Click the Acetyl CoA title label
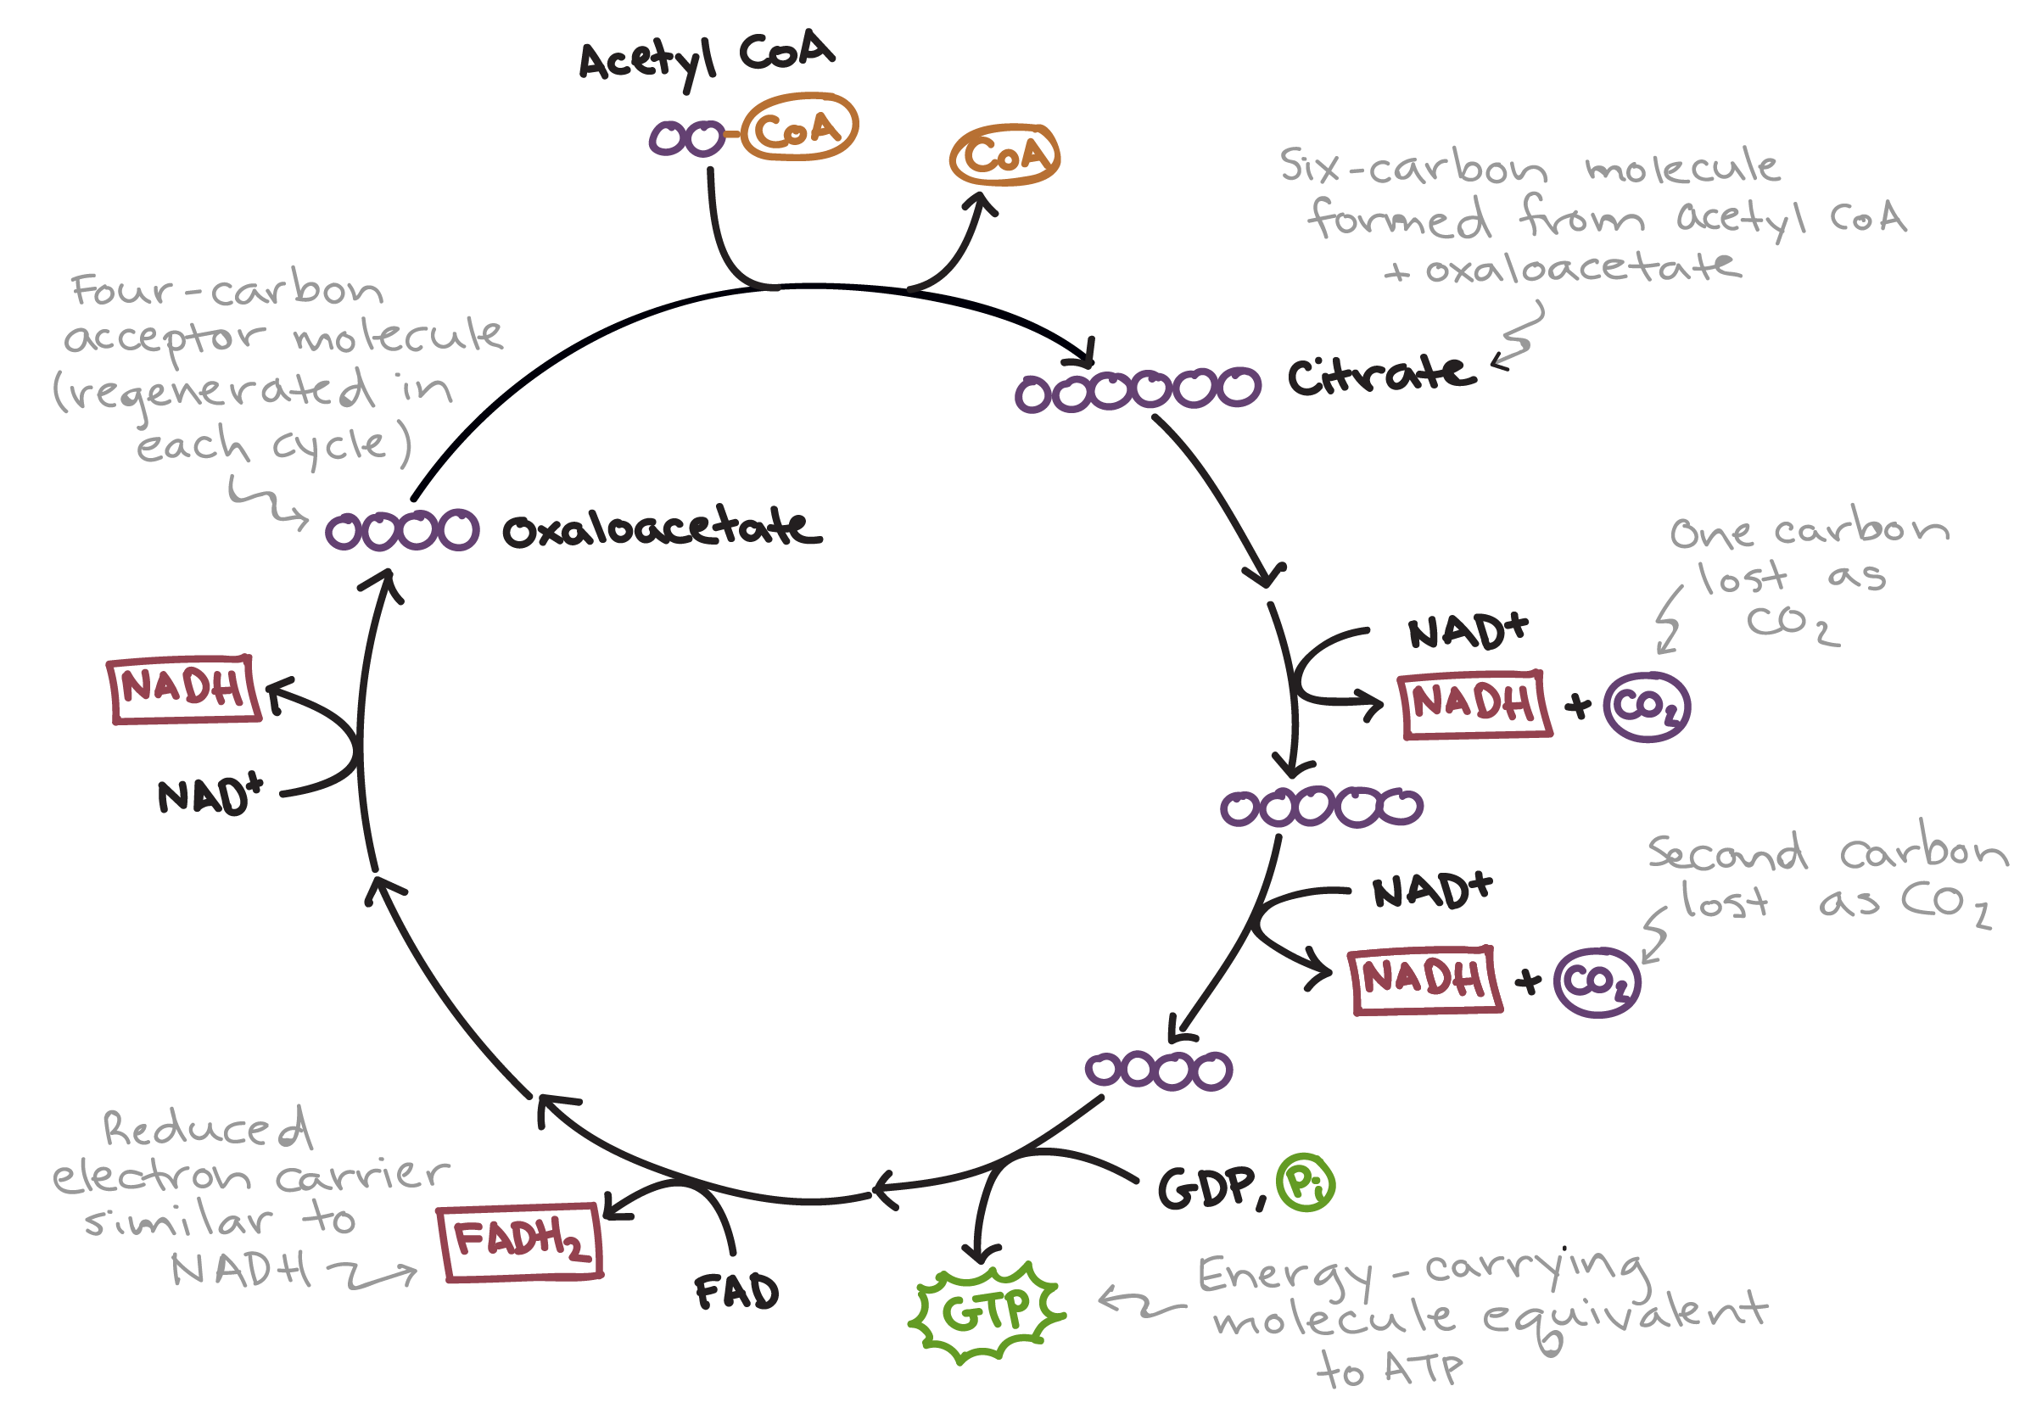706,59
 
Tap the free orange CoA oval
1004,156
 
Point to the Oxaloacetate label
661,529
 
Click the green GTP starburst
986,1312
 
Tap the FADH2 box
521,1241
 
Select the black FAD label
736,1292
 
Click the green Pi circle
1304,1182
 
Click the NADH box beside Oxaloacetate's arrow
184,690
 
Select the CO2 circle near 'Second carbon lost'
1597,982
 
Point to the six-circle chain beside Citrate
1138,391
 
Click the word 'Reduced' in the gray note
206,1129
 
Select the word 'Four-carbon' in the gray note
227,289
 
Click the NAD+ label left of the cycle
210,795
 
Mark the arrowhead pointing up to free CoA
981,203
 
